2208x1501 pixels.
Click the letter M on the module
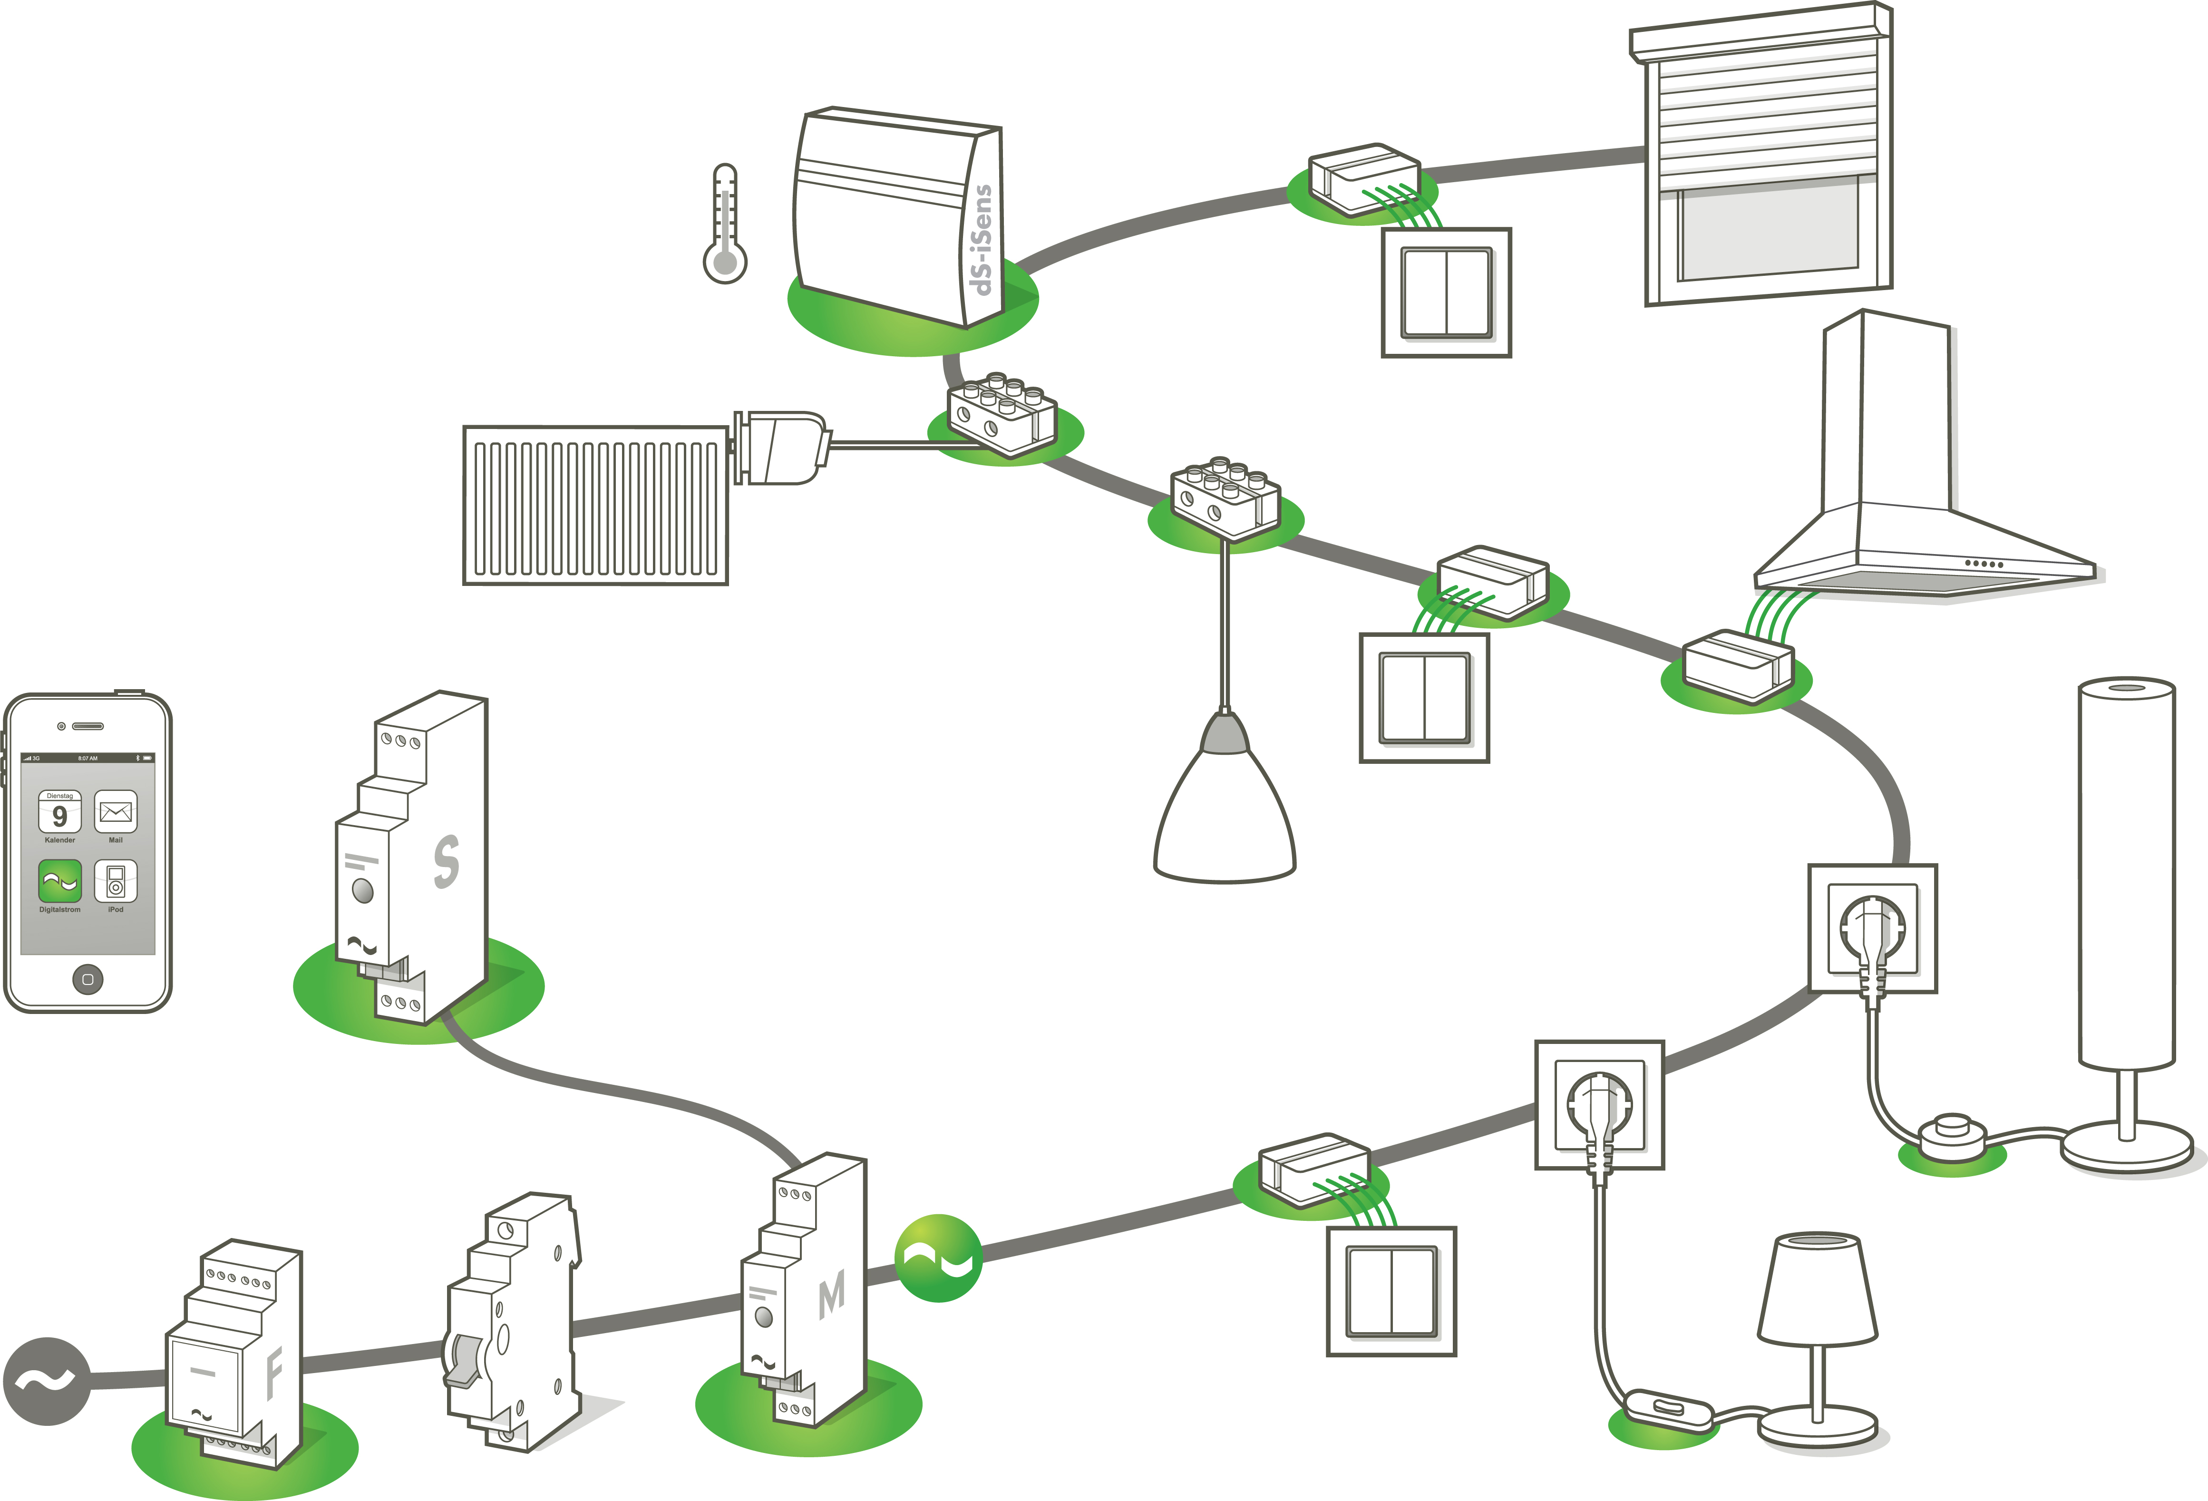[x=831, y=1296]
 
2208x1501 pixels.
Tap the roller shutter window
[x=1767, y=162]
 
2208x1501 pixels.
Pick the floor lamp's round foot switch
[x=1953, y=1135]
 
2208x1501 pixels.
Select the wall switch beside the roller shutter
[x=1446, y=292]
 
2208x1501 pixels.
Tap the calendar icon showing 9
[x=60, y=812]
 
